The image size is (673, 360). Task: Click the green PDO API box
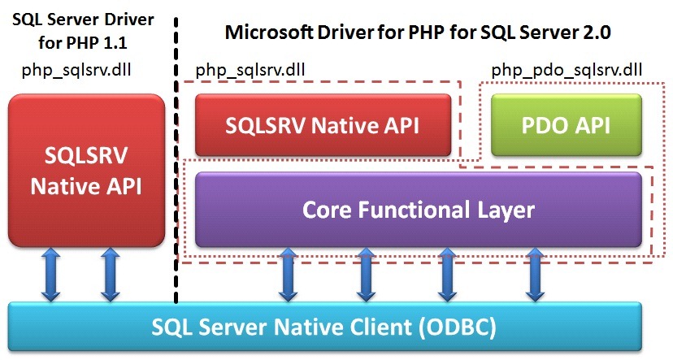point(567,125)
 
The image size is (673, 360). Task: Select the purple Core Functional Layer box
point(419,210)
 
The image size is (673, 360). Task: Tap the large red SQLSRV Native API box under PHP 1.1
point(86,171)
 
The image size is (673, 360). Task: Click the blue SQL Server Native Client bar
point(324,328)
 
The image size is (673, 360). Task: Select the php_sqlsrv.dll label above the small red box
point(251,70)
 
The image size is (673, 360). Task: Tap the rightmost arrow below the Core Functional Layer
point(535,275)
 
